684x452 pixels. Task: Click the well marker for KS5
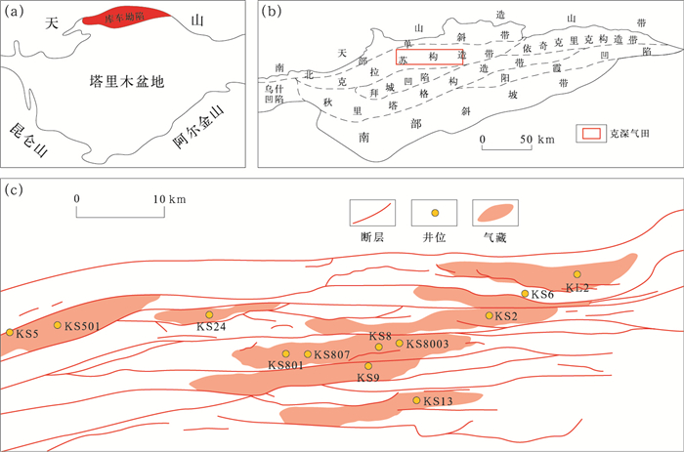click(x=11, y=333)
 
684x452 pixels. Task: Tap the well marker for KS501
click(x=58, y=325)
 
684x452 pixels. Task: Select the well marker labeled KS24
click(x=209, y=314)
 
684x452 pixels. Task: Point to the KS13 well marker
click(x=416, y=400)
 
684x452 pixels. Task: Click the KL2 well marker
click(x=577, y=274)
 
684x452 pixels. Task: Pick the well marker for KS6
click(x=525, y=294)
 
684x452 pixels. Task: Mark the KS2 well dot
click(x=489, y=315)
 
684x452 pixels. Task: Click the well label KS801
click(x=286, y=365)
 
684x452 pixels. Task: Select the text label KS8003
click(x=427, y=344)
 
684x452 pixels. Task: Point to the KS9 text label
click(x=368, y=378)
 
